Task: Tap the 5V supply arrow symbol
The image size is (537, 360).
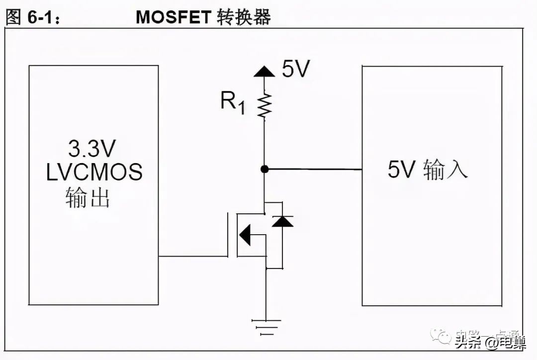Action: [x=264, y=71]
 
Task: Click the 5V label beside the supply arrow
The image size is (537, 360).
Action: [x=296, y=70]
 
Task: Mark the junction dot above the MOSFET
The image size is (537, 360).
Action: [x=265, y=169]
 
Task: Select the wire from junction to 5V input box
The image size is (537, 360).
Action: [x=313, y=170]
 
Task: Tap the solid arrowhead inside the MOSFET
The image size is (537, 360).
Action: [x=245, y=235]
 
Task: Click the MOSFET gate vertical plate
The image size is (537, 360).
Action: [x=228, y=235]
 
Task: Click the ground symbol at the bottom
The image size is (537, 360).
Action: [x=265, y=325]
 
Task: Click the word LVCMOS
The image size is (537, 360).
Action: [x=94, y=172]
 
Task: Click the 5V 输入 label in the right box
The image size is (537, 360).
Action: [x=428, y=170]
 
